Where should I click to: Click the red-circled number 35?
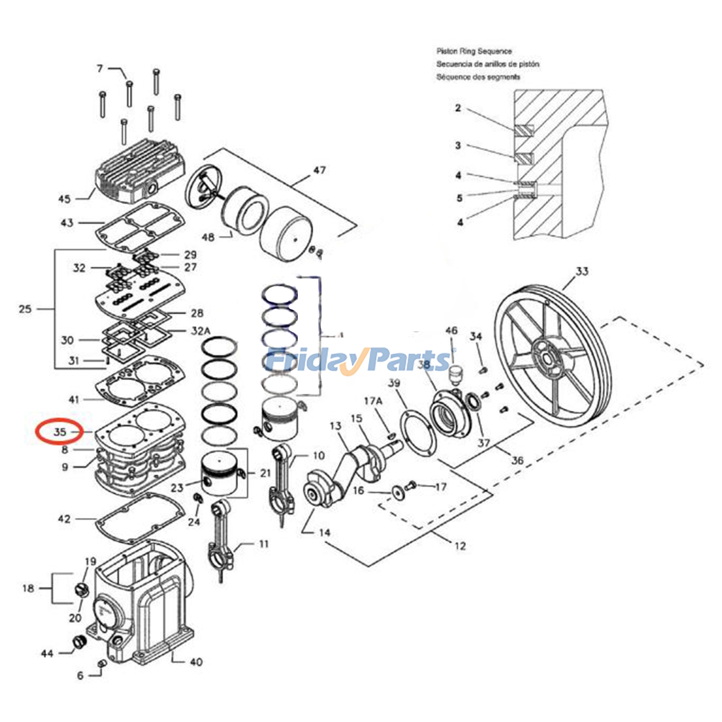(x=60, y=432)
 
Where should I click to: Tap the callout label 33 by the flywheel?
(x=582, y=271)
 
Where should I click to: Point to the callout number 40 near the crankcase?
(x=196, y=662)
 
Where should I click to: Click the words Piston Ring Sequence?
(x=474, y=51)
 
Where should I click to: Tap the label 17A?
(x=373, y=401)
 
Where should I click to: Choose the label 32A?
(x=200, y=331)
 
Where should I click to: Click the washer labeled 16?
(x=398, y=491)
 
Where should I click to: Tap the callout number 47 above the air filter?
(x=319, y=170)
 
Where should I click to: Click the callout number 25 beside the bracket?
(x=25, y=309)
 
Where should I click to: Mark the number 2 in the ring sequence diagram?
(x=458, y=108)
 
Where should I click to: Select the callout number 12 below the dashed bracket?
(x=460, y=546)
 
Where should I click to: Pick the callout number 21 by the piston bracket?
(x=265, y=473)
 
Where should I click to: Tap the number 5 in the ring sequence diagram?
(x=459, y=198)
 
